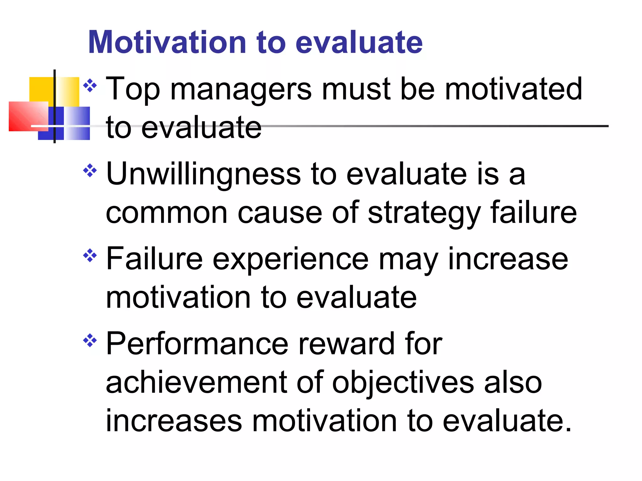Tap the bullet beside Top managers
tap(90, 85)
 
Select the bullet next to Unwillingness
tap(90, 170)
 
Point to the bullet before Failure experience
tap(90, 256)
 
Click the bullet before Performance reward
tap(90, 340)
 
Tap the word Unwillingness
tap(203, 175)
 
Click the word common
tap(166, 213)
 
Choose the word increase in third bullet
tap(508, 259)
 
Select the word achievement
tap(196, 382)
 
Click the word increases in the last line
tap(174, 421)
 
